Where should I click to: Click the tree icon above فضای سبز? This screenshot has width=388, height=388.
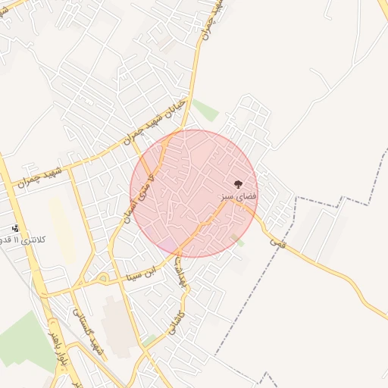[238, 184]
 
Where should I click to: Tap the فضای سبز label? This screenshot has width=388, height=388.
[239, 196]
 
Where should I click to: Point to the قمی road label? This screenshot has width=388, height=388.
[277, 242]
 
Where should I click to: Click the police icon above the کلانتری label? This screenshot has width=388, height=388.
[16, 228]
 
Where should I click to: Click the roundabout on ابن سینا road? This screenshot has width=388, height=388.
[103, 278]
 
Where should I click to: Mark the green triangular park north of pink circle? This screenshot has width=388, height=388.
[205, 111]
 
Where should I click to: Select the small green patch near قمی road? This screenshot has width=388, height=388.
[239, 242]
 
